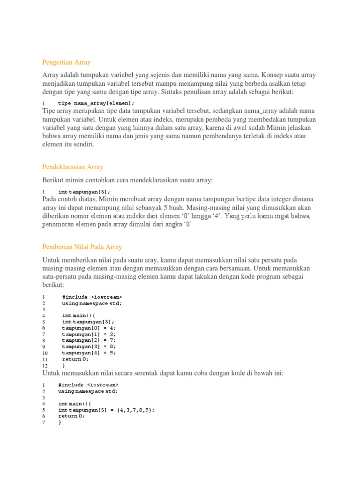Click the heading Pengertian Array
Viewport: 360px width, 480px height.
coord(66,62)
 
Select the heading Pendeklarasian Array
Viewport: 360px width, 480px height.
coord(73,167)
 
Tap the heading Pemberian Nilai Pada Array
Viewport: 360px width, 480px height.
coord(82,247)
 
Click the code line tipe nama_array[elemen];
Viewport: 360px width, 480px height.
coord(96,103)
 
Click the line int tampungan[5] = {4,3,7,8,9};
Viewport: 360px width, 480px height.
coord(106,410)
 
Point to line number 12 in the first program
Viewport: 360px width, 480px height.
coord(45,365)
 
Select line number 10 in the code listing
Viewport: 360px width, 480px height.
coord(45,353)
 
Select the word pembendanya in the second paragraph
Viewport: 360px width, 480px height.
coord(209,136)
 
